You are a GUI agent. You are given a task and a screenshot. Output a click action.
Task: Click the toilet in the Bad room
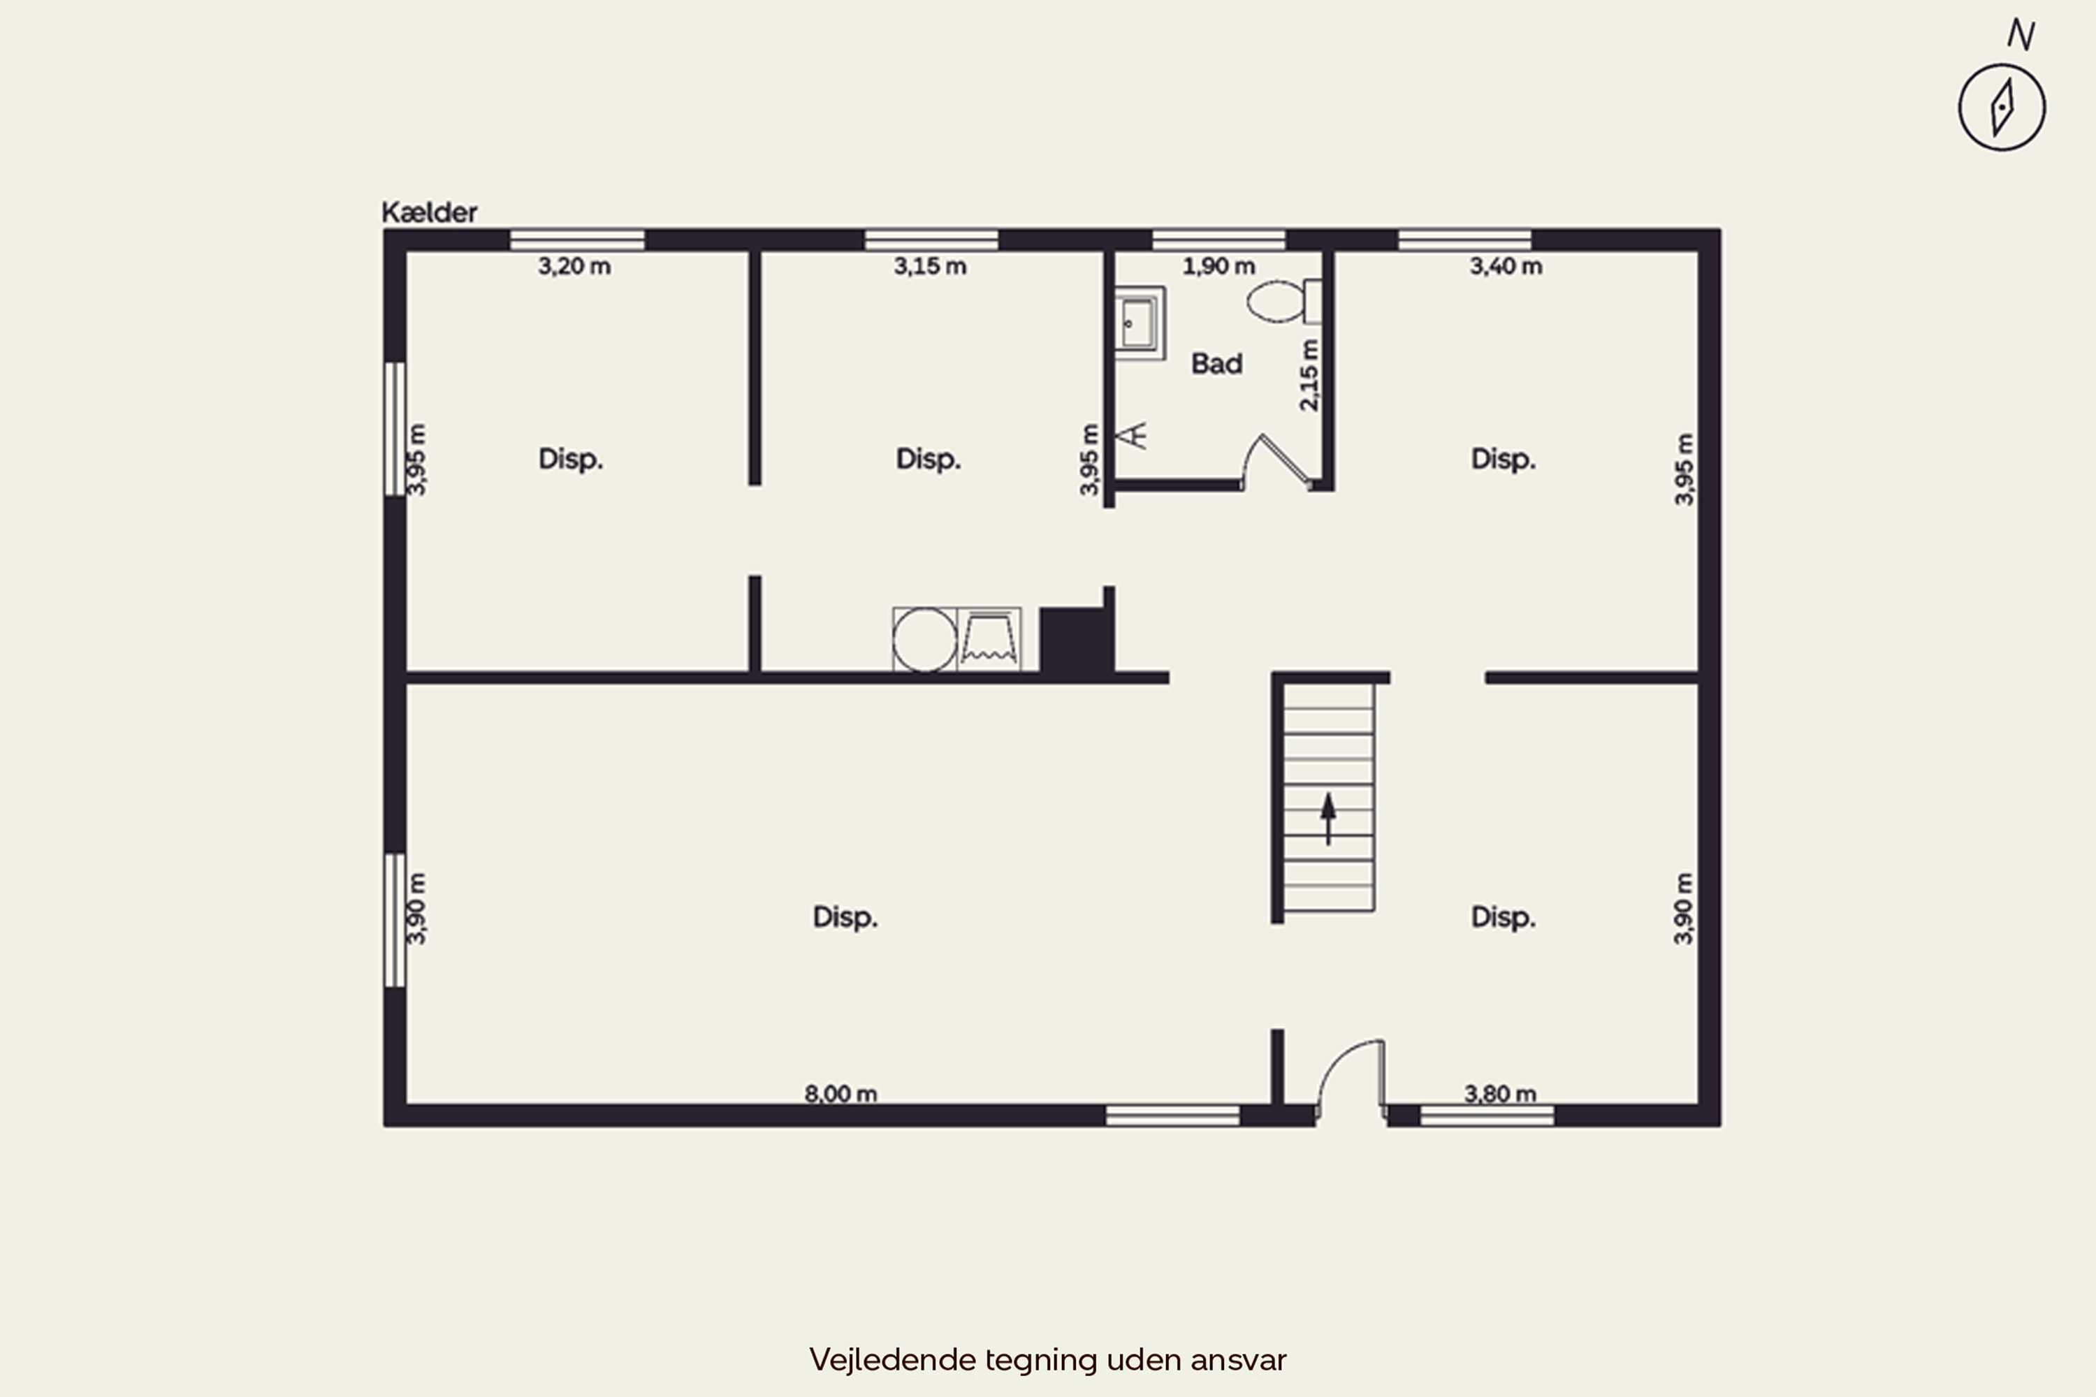pyautogui.click(x=1283, y=301)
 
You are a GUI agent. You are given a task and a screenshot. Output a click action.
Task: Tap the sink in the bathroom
pyautogui.click(x=1140, y=323)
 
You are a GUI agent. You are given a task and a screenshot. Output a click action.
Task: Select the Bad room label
pyautogui.click(x=1216, y=363)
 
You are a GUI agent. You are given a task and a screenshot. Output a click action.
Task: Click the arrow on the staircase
pyautogui.click(x=1328, y=818)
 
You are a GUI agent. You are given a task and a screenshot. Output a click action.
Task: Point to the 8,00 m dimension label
pyautogui.click(x=840, y=1093)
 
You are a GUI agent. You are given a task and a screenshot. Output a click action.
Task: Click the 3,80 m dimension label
pyautogui.click(x=1500, y=1093)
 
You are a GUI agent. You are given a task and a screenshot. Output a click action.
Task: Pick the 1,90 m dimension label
pyautogui.click(x=1218, y=265)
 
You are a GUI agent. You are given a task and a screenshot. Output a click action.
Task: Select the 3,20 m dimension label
pyautogui.click(x=574, y=265)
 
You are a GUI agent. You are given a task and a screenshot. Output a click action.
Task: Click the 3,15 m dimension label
pyautogui.click(x=929, y=265)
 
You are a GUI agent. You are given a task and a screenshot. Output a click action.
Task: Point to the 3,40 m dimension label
pyautogui.click(x=1505, y=265)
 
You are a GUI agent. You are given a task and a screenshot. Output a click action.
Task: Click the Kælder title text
pyautogui.click(x=430, y=212)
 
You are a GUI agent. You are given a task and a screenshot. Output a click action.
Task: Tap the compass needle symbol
pyautogui.click(x=2002, y=107)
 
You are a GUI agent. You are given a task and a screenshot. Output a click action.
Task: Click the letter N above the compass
pyautogui.click(x=2021, y=35)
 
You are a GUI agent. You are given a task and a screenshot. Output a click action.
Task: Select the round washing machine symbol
pyautogui.click(x=924, y=640)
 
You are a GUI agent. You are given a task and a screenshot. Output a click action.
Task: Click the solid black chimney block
pyautogui.click(x=1076, y=640)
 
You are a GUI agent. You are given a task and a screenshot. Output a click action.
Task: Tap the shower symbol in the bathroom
pyautogui.click(x=1132, y=436)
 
